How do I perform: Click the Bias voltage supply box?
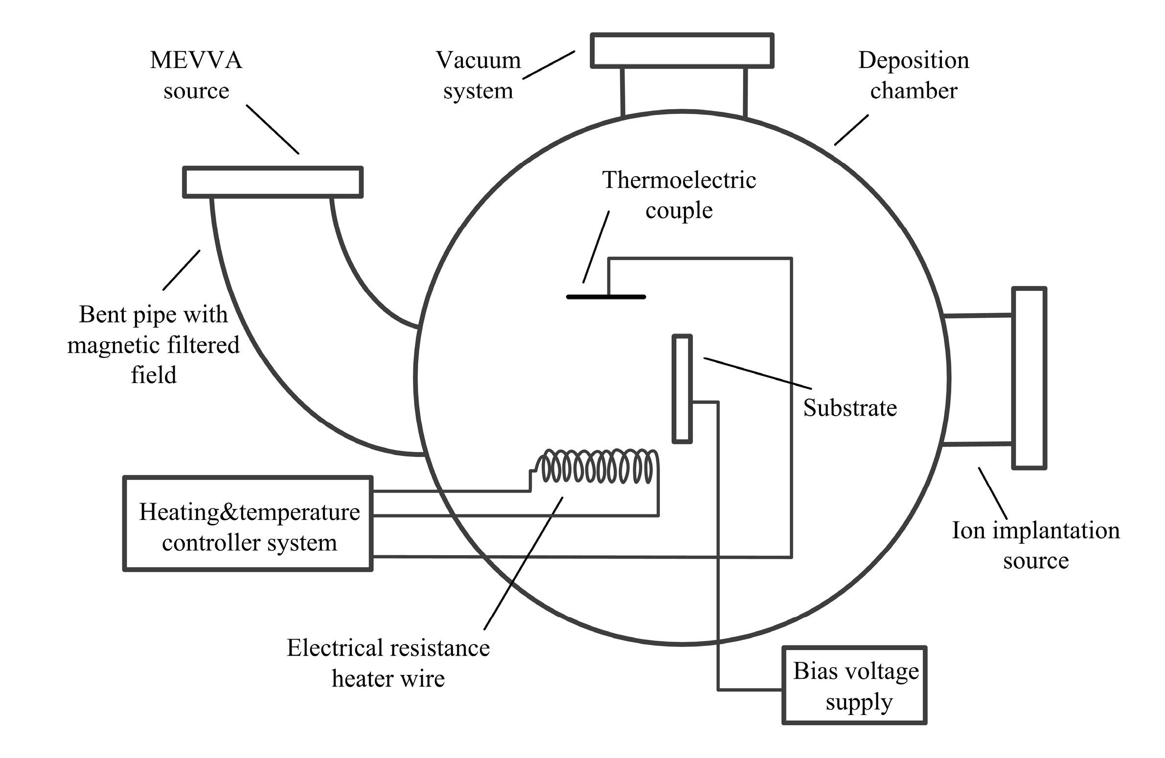pos(854,685)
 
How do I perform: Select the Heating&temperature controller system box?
pos(248,524)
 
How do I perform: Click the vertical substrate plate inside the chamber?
pos(682,389)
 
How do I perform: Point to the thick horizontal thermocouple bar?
pos(606,297)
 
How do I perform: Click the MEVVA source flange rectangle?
pos(273,182)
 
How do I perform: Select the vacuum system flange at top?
pos(682,50)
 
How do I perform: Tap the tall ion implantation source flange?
pos(1029,378)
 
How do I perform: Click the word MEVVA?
pos(196,60)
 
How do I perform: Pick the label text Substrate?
pos(850,408)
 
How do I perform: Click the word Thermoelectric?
pos(679,180)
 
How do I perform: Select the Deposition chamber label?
pos(914,75)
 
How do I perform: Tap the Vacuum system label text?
pos(478,75)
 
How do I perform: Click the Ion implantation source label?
pos(1036,545)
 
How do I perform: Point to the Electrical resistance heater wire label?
pos(388,663)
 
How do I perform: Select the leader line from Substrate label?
pos(758,373)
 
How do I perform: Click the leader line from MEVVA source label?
pos(273,130)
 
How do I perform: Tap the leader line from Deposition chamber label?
pos(851,130)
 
